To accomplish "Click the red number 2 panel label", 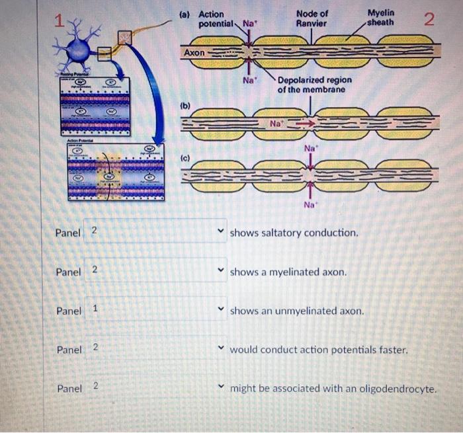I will coord(430,19).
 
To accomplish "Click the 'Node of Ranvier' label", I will coord(312,19).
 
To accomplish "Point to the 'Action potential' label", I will coord(214,19).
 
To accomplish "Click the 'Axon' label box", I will coord(194,52).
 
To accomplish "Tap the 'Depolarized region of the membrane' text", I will coord(314,85).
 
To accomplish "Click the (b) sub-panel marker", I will coord(186,105).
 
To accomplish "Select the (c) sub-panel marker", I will coord(186,159).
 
